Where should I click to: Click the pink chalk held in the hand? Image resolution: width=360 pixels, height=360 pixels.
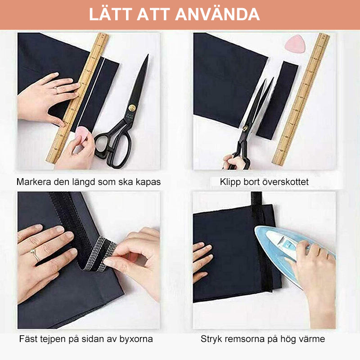click(x=83, y=134)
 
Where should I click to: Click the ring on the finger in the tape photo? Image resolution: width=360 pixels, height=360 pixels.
click(x=35, y=255)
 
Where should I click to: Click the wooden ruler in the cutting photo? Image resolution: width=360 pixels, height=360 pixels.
click(x=301, y=99)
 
